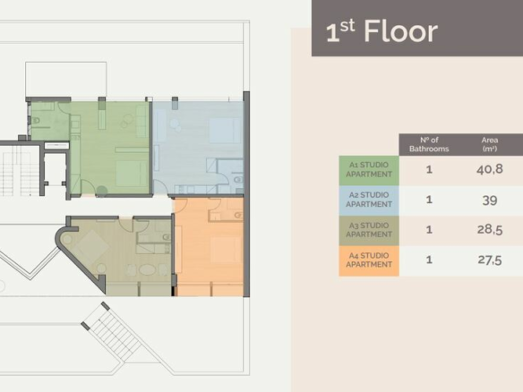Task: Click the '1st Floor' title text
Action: click(382, 31)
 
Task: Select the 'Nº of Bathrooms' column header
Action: click(429, 144)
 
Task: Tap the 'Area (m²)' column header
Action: click(489, 144)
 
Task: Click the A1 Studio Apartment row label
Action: click(369, 170)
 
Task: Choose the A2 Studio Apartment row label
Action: click(369, 200)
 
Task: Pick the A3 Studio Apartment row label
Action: click(369, 230)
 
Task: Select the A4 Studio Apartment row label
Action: click(369, 260)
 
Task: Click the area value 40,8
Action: click(489, 169)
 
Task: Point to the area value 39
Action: click(489, 200)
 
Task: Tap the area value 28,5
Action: click(489, 230)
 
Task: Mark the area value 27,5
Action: click(489, 260)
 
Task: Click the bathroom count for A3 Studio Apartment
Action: click(429, 230)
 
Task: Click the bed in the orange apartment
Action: click(226, 249)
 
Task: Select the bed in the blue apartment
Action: click(225, 131)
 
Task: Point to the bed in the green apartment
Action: click(132, 174)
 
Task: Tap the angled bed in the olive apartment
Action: click(90, 247)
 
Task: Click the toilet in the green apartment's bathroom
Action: click(35, 120)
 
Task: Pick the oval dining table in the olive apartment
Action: click(147, 269)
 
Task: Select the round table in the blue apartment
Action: click(175, 124)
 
